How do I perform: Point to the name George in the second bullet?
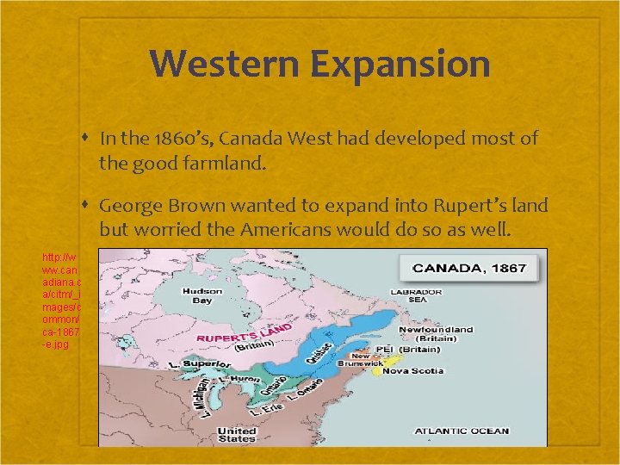127,206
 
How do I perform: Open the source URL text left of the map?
61,301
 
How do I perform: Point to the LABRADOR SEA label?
418,297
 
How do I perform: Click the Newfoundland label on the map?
435,329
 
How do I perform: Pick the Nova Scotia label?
412,371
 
